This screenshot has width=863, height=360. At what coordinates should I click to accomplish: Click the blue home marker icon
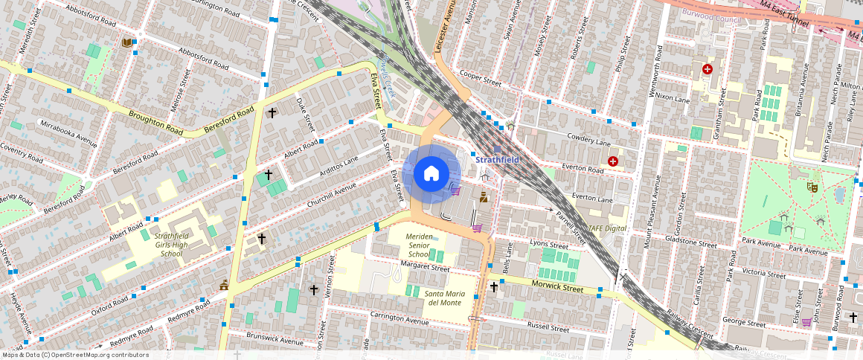coord(431,174)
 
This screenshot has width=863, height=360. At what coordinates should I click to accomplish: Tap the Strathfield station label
coord(497,159)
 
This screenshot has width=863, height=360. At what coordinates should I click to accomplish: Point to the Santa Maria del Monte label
coord(443,298)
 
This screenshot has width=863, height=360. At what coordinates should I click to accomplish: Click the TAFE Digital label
coord(607,228)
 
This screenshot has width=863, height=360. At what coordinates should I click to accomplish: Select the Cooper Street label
coord(481,77)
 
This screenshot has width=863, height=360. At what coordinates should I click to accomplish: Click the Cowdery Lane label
coord(588,138)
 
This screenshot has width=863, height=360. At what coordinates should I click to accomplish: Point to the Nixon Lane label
coord(673,97)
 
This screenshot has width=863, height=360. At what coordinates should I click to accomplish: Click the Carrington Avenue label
coord(400,318)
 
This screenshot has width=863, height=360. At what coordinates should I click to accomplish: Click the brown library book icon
coord(127,42)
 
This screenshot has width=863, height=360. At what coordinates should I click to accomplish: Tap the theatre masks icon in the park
coord(814,189)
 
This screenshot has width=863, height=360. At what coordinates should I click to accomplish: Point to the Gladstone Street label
coord(692,244)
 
